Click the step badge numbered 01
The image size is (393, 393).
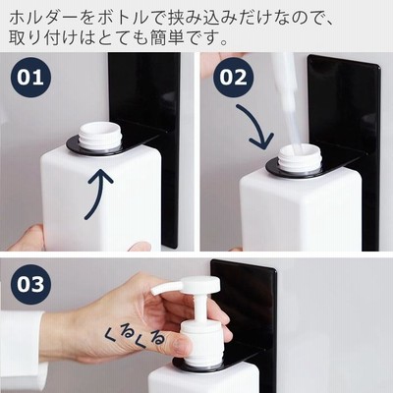pyautogui.click(x=30, y=78)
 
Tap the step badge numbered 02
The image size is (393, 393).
pyautogui.click(x=233, y=78)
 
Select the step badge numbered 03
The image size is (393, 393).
pyautogui.click(x=30, y=284)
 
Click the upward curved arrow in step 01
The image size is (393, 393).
pyautogui.click(x=99, y=194)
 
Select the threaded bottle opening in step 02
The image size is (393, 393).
pyautogui.click(x=300, y=158)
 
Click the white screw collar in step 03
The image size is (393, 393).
pyautogui.click(x=202, y=341)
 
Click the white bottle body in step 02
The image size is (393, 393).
pyautogui.click(x=301, y=211)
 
